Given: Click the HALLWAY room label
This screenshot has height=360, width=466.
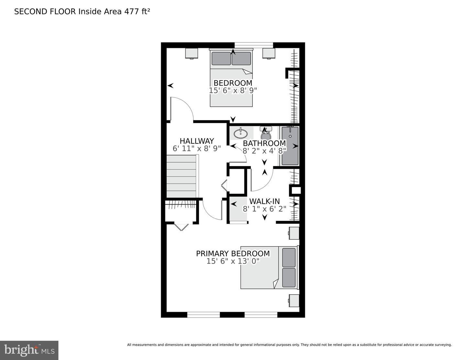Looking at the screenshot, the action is click(x=197, y=141).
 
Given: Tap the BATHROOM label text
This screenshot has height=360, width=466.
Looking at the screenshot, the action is click(x=264, y=143).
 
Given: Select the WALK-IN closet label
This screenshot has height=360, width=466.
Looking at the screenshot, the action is click(x=264, y=201).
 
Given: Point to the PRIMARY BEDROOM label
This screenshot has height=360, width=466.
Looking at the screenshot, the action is click(x=233, y=253).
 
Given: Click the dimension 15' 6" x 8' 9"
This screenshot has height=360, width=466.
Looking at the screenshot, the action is click(x=233, y=91).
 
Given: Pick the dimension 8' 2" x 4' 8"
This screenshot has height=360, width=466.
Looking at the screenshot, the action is click(x=264, y=151).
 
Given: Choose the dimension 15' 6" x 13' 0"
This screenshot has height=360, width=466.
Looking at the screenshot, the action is click(x=233, y=261).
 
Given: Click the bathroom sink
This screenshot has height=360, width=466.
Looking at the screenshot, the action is click(x=240, y=134).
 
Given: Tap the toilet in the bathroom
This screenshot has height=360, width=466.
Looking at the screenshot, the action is click(x=266, y=133).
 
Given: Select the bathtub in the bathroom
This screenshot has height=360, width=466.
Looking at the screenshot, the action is click(x=290, y=146).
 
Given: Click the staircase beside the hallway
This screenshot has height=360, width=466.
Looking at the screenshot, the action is click(x=182, y=176).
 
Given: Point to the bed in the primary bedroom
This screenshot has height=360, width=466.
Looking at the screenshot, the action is click(x=269, y=267).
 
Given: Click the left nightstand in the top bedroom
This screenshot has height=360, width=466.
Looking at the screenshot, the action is click(x=192, y=53).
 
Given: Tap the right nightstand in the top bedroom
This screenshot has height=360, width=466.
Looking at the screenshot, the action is click(x=269, y=53).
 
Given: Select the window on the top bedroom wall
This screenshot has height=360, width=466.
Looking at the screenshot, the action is click(x=254, y=45).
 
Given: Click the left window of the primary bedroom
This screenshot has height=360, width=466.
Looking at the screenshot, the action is click(x=204, y=315).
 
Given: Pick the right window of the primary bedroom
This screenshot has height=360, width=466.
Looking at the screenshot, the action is click(x=261, y=315).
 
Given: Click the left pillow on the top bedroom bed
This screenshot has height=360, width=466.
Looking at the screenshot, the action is click(x=221, y=58).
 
